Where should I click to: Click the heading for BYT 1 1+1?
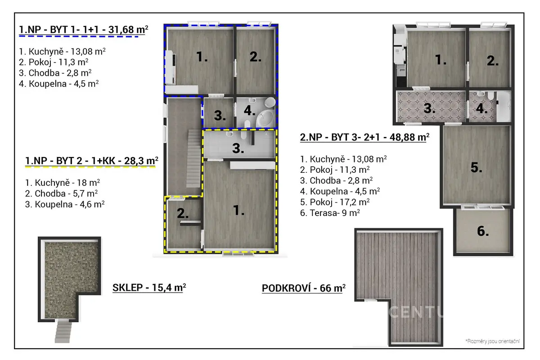(x=84, y=30)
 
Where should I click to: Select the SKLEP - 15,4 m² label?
(x=149, y=288)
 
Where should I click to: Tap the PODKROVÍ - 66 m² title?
(x=304, y=288)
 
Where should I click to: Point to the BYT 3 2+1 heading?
(x=365, y=137)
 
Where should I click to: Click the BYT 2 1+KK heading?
(x=92, y=161)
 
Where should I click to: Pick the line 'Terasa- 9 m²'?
(x=330, y=213)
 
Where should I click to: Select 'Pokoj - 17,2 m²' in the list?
(x=335, y=202)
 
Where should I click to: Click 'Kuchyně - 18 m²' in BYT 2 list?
(x=63, y=183)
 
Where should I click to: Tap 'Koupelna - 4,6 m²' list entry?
(x=65, y=204)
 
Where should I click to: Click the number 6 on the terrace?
(x=483, y=231)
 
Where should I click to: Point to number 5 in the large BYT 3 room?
(x=477, y=167)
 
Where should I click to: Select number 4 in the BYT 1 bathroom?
(x=249, y=111)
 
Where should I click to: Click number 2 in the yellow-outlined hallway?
(x=183, y=213)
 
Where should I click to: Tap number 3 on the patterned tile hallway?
(x=430, y=108)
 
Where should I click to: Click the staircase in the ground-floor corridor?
(x=194, y=158)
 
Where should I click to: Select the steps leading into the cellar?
(x=63, y=330)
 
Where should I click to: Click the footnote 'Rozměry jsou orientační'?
(x=492, y=341)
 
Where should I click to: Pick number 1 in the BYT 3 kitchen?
(x=441, y=60)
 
